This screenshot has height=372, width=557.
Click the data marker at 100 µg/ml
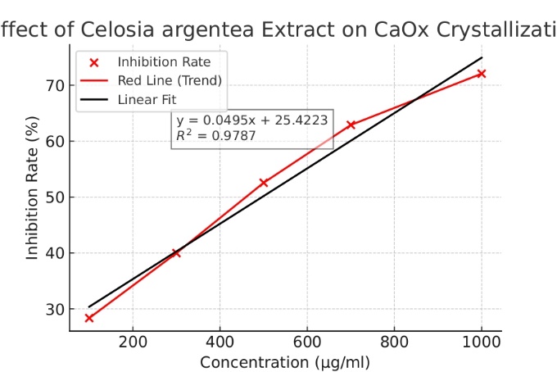(x=89, y=318)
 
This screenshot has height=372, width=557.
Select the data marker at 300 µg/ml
(x=176, y=253)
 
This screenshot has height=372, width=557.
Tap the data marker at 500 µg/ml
(x=264, y=183)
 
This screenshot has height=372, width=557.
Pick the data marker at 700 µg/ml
(x=351, y=125)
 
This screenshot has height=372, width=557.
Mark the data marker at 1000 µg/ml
(x=482, y=74)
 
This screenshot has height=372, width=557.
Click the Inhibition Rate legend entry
(x=152, y=62)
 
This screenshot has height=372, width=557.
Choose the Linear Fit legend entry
(x=147, y=99)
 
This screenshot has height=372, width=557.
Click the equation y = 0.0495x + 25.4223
(x=252, y=120)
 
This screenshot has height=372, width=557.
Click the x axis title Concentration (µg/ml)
(x=285, y=361)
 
